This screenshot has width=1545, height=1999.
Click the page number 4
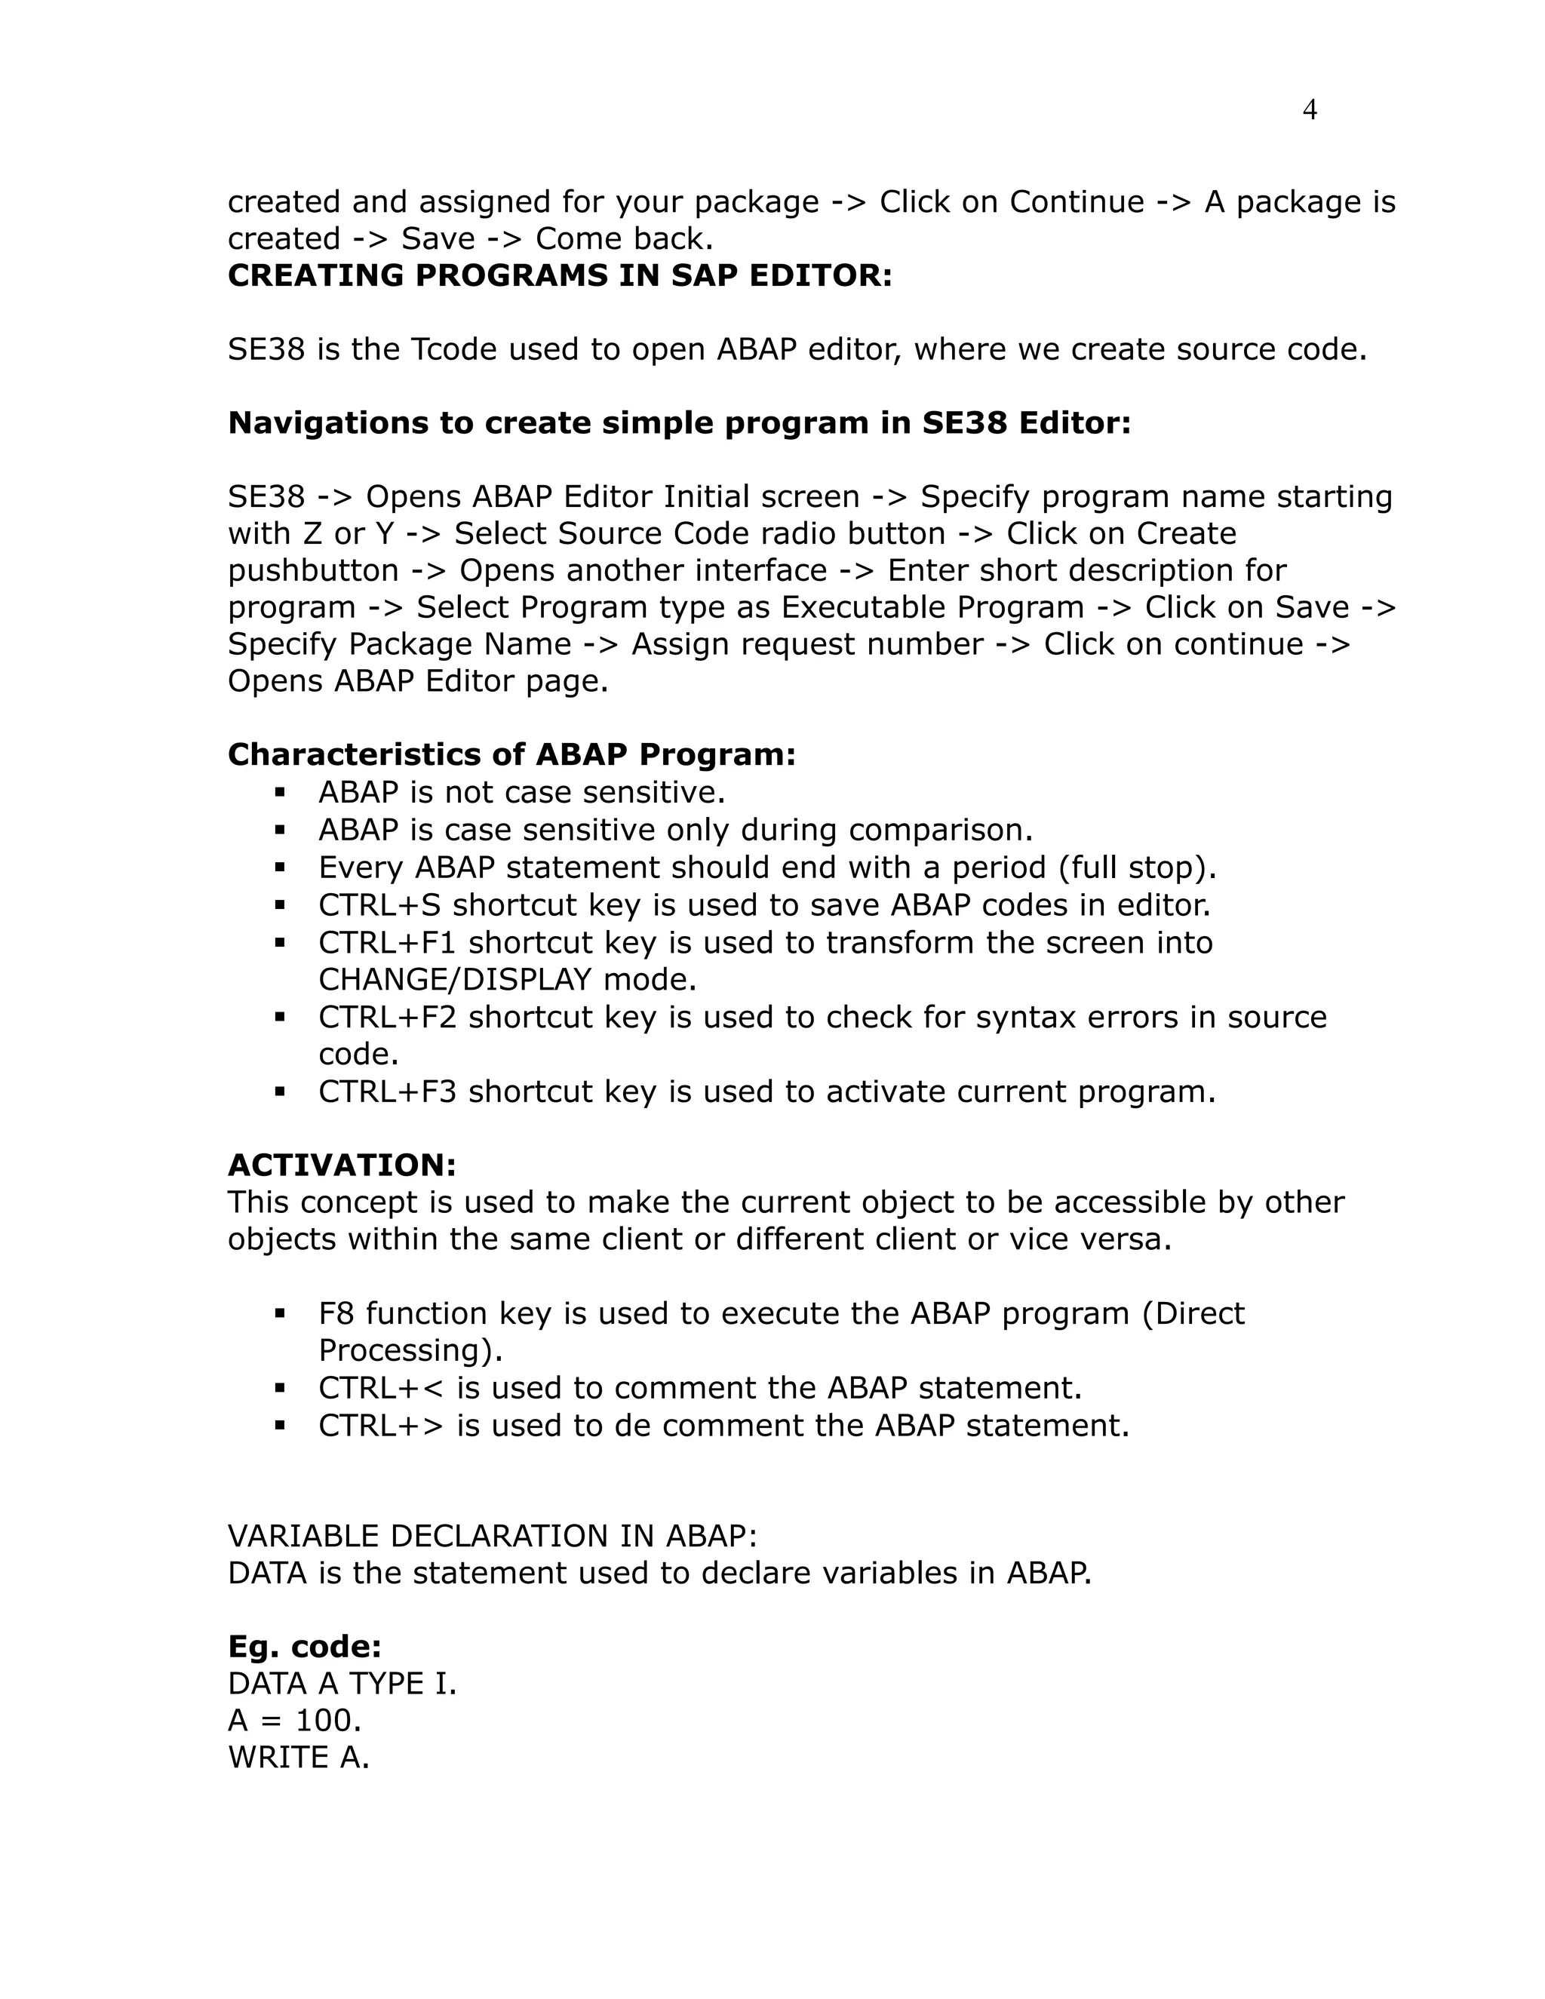point(1309,110)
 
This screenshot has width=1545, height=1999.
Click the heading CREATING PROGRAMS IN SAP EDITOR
point(559,275)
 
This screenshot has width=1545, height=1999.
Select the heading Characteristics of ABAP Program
point(511,754)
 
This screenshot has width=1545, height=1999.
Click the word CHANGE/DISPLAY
point(455,981)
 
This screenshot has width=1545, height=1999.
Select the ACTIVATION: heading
point(342,1165)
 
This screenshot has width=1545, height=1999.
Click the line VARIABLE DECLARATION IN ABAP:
point(493,1536)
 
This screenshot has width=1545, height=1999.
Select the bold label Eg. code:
point(304,1647)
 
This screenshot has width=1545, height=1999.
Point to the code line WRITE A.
point(299,1758)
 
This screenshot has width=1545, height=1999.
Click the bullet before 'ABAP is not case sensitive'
point(280,792)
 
